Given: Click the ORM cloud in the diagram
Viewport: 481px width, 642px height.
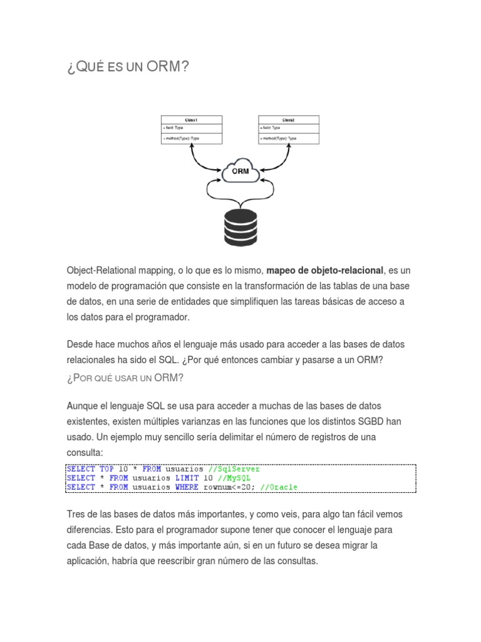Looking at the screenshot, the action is coord(240,172).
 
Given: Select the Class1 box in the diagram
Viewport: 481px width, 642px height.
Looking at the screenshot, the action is coord(190,129).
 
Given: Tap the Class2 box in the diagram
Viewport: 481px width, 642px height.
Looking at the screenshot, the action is coord(288,129).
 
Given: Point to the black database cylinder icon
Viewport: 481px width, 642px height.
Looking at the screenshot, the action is coord(240,228).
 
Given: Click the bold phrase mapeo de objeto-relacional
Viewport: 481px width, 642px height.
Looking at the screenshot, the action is coord(324,270).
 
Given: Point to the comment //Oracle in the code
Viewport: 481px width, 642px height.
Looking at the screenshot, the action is coord(279,487).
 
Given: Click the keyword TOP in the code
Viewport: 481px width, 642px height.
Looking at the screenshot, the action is coord(106,469).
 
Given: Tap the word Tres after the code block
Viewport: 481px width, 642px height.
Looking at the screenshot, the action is coord(76,515).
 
